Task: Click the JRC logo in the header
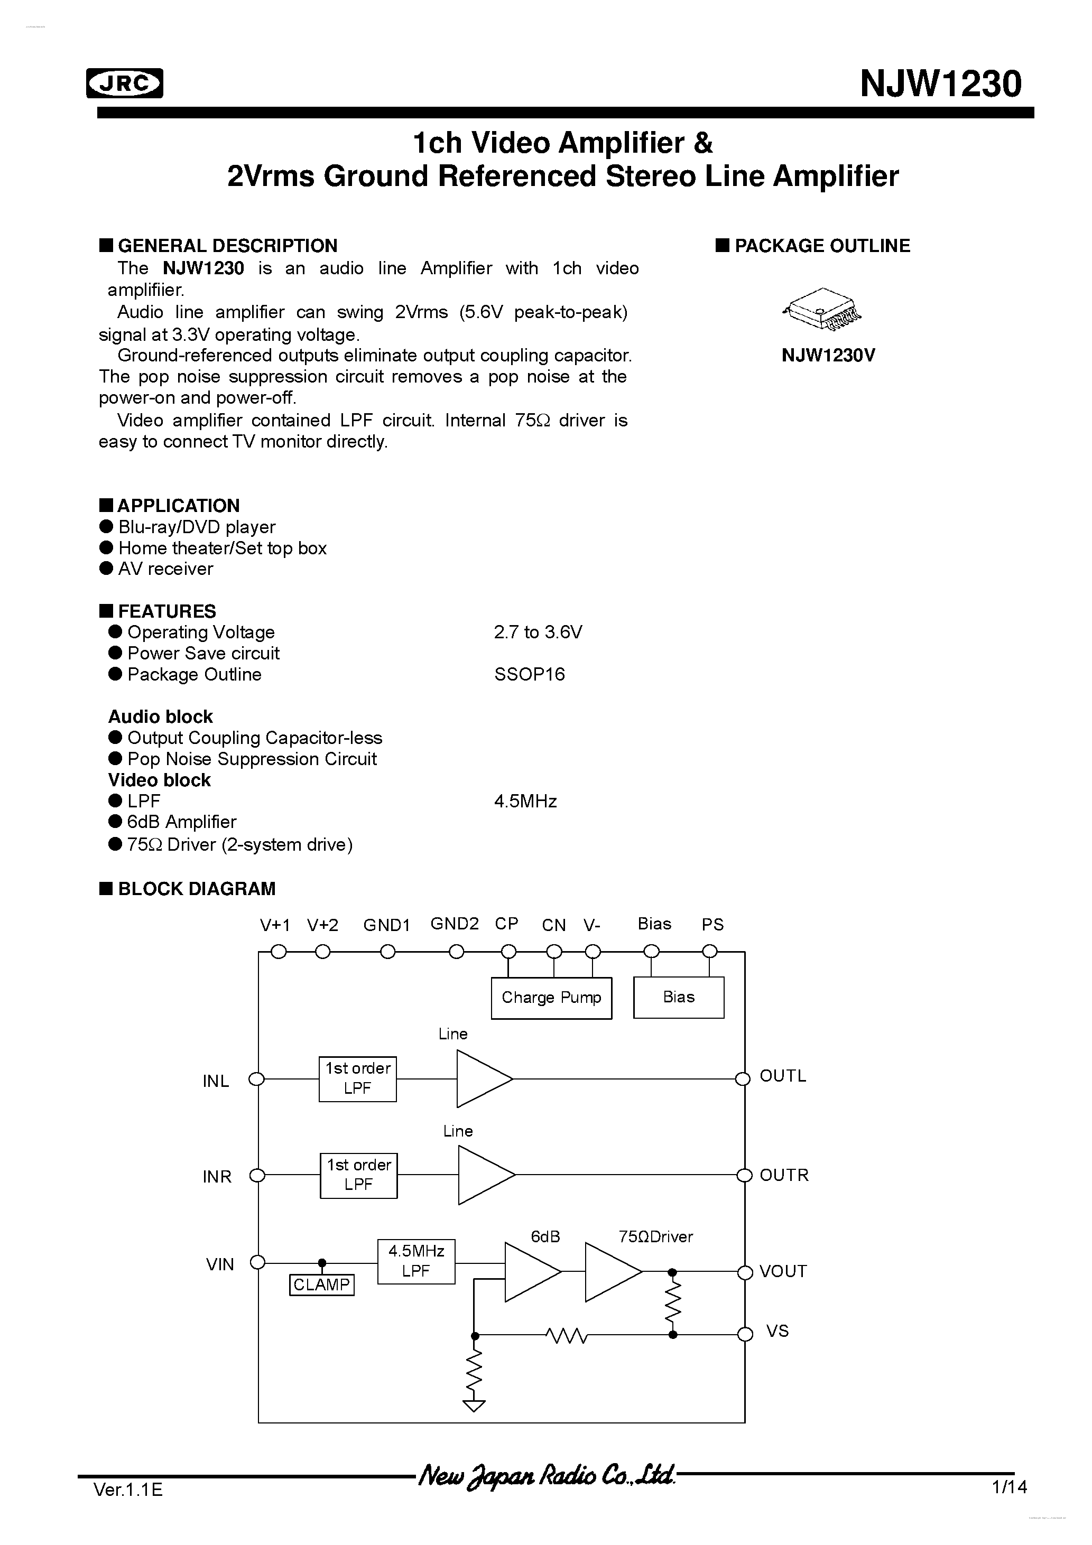pyautogui.click(x=125, y=83)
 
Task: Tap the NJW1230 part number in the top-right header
pyautogui.click(x=940, y=85)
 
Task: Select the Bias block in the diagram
pyautogui.click(x=678, y=997)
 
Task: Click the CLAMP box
pyautogui.click(x=321, y=1285)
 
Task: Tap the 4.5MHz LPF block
pyautogui.click(x=415, y=1261)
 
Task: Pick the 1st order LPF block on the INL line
pyautogui.click(x=357, y=1078)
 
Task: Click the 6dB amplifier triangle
pyautogui.click(x=531, y=1272)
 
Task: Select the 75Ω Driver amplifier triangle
pyautogui.click(x=610, y=1272)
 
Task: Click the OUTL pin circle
pyautogui.click(x=743, y=1078)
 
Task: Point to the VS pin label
pyautogui.click(x=777, y=1331)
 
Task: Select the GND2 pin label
pyautogui.click(x=455, y=924)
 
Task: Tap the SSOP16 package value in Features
pyautogui.click(x=529, y=674)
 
